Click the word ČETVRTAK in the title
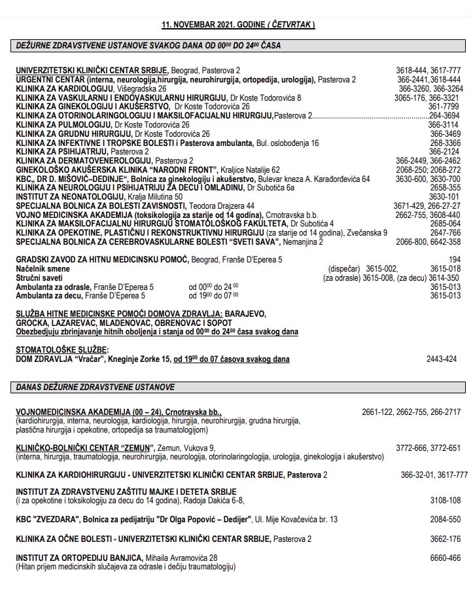290,25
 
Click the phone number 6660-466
445,558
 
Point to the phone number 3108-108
445,501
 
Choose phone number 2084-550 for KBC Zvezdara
445,520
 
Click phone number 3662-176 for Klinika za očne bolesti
445,539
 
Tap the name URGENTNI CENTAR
50,79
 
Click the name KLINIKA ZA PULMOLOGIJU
64,124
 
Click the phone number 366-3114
444,124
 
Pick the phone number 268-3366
445,143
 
